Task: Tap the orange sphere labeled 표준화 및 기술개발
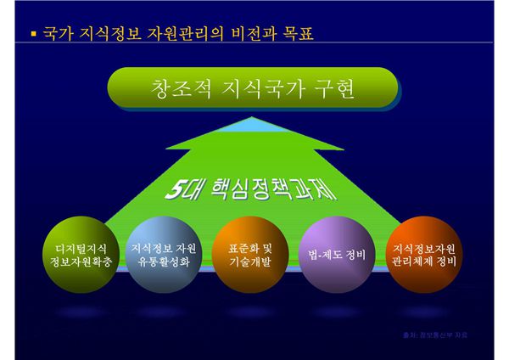[x=250, y=254]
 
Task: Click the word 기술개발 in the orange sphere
[x=250, y=262]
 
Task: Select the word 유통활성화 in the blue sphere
[x=165, y=262]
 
